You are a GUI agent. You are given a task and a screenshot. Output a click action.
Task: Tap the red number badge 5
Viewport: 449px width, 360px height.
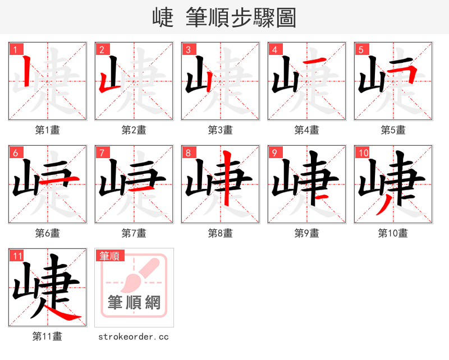pyautogui.click(x=361, y=50)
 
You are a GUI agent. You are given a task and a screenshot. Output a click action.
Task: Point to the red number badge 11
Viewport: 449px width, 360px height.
pyautogui.click(x=17, y=256)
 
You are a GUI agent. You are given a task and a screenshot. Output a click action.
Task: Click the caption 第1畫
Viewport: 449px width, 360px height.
pyautogui.click(x=48, y=130)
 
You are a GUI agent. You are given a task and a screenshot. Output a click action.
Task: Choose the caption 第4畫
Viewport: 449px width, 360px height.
pyautogui.click(x=307, y=130)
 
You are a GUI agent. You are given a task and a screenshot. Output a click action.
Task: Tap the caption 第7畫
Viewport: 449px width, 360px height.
pyautogui.click(x=134, y=233)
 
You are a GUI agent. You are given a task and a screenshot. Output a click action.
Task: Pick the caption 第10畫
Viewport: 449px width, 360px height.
pyautogui.click(x=393, y=233)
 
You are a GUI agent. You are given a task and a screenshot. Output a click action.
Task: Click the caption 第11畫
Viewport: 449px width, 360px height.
pyautogui.click(x=48, y=336)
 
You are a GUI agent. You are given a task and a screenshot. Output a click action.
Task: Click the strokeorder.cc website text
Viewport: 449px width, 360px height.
pyautogui.click(x=134, y=337)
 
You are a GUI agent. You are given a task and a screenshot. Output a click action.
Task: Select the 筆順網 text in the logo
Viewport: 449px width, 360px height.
pyautogui.click(x=134, y=303)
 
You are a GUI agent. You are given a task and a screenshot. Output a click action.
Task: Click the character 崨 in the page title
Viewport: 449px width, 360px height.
pyautogui.click(x=163, y=18)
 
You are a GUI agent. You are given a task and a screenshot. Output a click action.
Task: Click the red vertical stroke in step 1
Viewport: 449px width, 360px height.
pyautogui.click(x=26, y=73)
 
